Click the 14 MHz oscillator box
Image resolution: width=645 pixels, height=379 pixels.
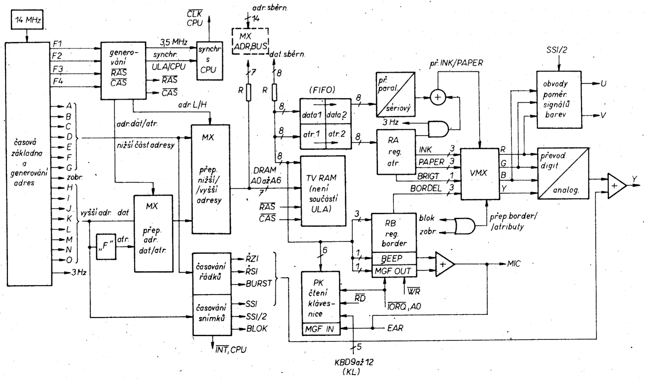(27, 20)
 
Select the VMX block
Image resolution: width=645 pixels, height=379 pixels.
(479, 174)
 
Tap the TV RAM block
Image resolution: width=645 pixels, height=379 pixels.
(323, 191)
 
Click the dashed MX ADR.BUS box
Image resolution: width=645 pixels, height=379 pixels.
(250, 41)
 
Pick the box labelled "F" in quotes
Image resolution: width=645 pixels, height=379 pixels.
(106, 246)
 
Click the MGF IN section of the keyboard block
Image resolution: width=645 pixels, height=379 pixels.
(321, 329)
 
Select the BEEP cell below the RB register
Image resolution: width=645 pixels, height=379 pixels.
(394, 258)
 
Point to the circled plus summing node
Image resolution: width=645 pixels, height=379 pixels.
(438, 97)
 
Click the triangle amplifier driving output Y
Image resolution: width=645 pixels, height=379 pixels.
(616, 186)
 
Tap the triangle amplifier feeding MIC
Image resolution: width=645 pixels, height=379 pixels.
(444, 264)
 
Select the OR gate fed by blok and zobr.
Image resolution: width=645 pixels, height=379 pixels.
(464, 226)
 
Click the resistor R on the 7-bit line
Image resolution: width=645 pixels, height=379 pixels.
(249, 92)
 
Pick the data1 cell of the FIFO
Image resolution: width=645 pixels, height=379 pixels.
(312, 115)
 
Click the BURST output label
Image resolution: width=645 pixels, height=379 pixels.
(259, 283)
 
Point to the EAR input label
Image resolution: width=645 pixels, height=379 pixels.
(395, 328)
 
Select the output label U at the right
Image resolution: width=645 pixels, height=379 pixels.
(603, 84)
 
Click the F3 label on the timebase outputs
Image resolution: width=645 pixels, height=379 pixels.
(57, 69)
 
